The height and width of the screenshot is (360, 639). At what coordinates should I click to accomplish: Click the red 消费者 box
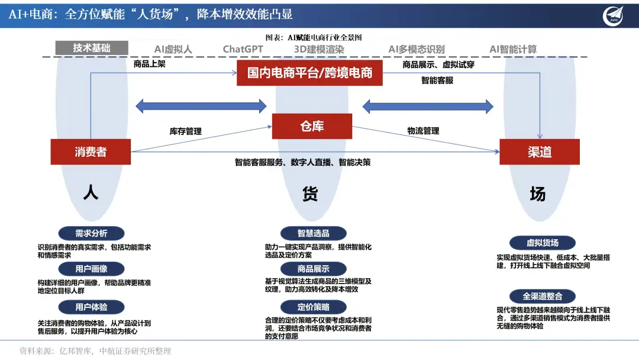pos(91,152)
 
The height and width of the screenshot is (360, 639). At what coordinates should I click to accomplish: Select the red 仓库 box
pos(312,126)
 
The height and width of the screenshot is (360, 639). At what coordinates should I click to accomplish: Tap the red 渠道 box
pos(539,152)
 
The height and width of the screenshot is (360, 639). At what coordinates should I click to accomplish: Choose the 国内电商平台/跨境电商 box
pos(309,73)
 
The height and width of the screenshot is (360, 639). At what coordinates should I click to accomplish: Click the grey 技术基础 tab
pos(92,48)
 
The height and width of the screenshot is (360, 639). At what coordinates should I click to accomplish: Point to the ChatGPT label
pos(243,49)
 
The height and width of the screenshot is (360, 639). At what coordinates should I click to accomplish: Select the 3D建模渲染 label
pos(319,49)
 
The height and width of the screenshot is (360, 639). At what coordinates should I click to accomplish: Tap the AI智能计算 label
pos(513,49)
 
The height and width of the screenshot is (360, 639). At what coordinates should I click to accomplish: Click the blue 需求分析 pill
pos(91,233)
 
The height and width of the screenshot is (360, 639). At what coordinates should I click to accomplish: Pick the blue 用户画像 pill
pos(91,269)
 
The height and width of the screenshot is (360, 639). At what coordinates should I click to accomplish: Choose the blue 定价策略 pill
pos(313,307)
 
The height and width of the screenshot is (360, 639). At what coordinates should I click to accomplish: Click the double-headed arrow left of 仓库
pos(201,106)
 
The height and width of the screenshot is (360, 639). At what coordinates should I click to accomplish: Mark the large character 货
pos(310,194)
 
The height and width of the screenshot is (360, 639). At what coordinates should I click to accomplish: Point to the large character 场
pos(538,194)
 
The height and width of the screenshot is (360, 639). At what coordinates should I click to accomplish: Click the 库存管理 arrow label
pos(186,131)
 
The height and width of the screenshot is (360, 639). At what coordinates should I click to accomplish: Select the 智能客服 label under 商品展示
pos(437,80)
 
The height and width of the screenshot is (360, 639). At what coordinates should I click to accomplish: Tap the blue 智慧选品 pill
pos(313,233)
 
